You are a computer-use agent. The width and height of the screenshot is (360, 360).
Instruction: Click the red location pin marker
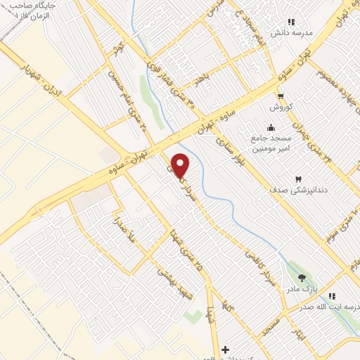[x=181, y=166]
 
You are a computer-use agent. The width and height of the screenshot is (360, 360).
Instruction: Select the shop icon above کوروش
[x=281, y=96]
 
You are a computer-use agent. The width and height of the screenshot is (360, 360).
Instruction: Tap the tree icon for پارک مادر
[x=302, y=278]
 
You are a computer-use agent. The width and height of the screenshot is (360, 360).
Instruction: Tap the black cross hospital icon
[x=224, y=349]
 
